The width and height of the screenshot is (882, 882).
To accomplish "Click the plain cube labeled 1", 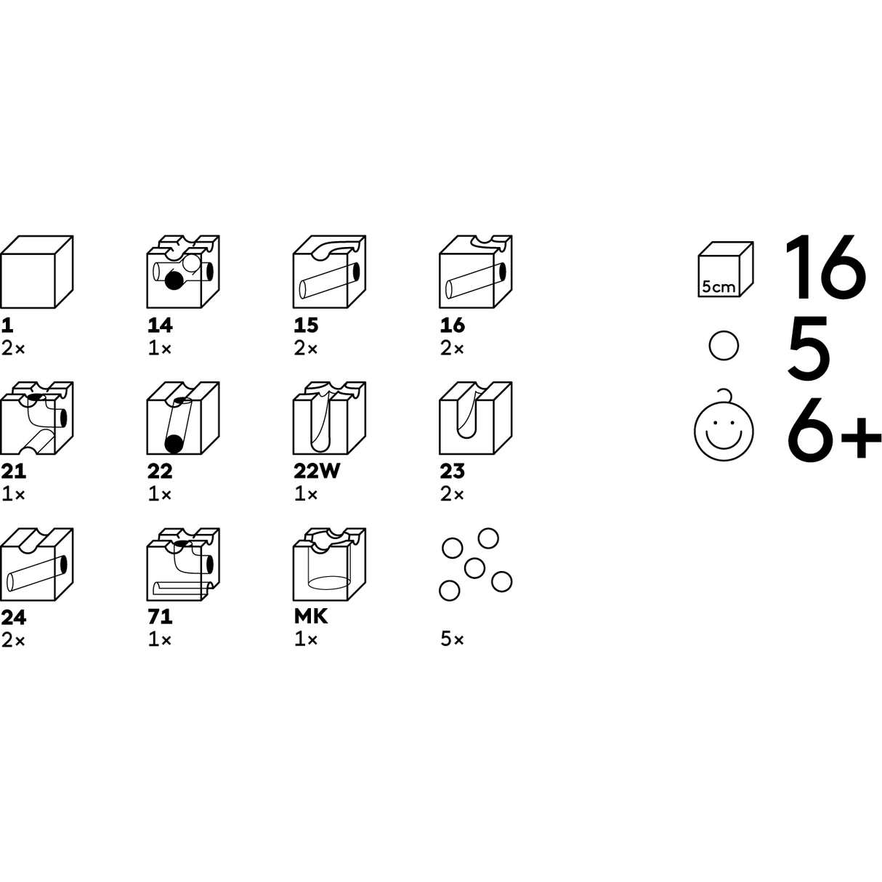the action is pyautogui.click(x=37, y=272).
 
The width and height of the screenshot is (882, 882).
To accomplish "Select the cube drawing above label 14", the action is pyautogui.click(x=183, y=272).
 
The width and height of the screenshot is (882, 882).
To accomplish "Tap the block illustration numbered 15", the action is pyautogui.click(x=330, y=272).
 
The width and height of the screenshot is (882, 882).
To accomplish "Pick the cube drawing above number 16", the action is pyautogui.click(x=476, y=272).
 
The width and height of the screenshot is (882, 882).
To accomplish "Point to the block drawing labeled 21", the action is pyautogui.click(x=37, y=418).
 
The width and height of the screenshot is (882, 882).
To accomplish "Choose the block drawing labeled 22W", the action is pyautogui.click(x=330, y=418).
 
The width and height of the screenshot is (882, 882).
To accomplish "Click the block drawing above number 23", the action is pyautogui.click(x=476, y=418).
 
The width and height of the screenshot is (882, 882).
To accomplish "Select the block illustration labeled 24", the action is pyautogui.click(x=37, y=565).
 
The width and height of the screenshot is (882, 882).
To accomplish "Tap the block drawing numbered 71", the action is pyautogui.click(x=183, y=565).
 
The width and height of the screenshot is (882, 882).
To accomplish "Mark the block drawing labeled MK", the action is pyautogui.click(x=330, y=565).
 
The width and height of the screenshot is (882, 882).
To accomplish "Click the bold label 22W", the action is pyautogui.click(x=317, y=471).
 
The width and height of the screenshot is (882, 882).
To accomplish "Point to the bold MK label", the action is pyautogui.click(x=311, y=617).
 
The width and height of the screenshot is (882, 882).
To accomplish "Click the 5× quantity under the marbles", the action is pyautogui.click(x=452, y=639).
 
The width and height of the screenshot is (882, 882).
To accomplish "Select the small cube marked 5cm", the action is pyautogui.click(x=726, y=269).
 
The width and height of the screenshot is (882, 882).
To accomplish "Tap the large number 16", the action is pyautogui.click(x=825, y=267).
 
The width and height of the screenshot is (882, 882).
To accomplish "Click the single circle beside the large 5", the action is pyautogui.click(x=724, y=346).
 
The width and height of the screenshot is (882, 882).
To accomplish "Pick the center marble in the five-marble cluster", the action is pyautogui.click(x=474, y=568).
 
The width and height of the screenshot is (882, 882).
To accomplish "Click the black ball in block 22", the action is pyautogui.click(x=174, y=444).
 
